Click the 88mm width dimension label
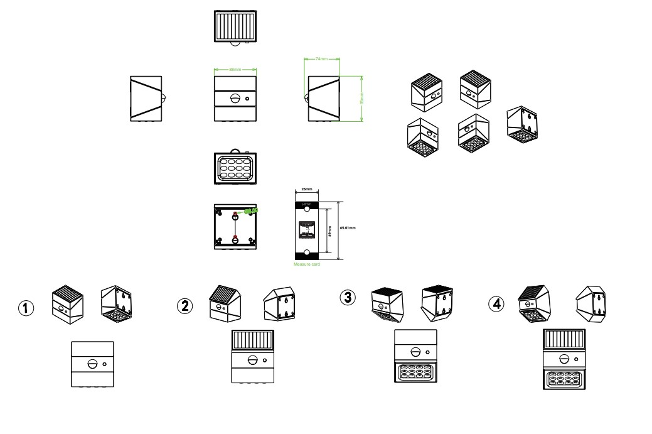coord(235,68)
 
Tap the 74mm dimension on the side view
coord(322,59)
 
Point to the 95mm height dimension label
coord(361,99)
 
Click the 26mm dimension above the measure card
coord(307,188)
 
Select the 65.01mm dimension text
coord(347,227)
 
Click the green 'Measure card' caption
coord(307,265)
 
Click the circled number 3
coord(346,297)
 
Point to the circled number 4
coord(496,303)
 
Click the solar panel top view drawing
coord(235,26)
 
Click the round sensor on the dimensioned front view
coord(236,99)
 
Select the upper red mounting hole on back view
coord(235,215)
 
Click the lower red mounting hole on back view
coord(235,237)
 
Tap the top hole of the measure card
coord(307,204)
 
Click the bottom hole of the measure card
coord(307,252)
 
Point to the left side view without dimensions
coord(146,99)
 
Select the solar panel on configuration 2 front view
coord(252,340)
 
